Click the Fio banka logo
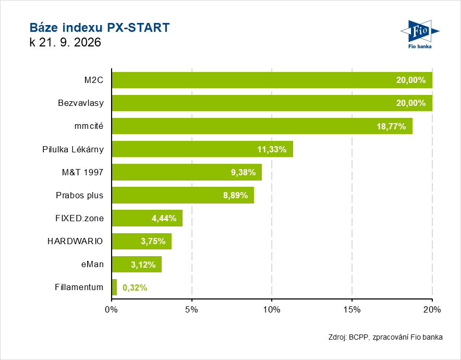click(420, 34)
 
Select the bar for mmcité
click(262, 126)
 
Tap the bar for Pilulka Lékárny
click(202, 149)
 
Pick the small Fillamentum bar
click(114, 287)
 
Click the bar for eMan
click(137, 264)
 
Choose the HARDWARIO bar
click(142, 241)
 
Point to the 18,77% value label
click(391, 126)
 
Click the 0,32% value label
click(135, 287)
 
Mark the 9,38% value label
click(243, 172)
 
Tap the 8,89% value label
click(236, 195)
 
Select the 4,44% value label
click(164, 218)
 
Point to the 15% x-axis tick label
click(352, 310)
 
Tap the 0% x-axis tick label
click(112, 310)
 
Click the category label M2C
click(94, 80)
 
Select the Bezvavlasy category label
click(81, 103)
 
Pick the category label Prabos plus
click(80, 196)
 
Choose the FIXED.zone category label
click(80, 218)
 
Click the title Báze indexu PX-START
click(100, 27)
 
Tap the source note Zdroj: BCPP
click(348, 337)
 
